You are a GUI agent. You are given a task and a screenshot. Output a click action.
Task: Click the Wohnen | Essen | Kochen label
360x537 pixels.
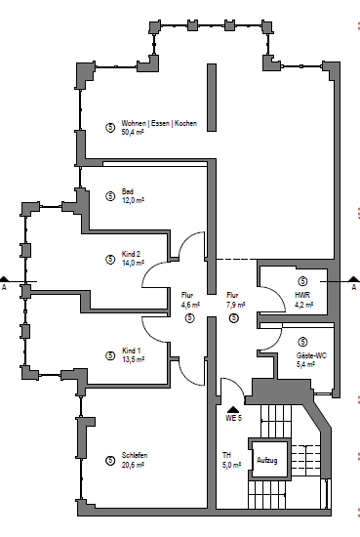tap(159, 123)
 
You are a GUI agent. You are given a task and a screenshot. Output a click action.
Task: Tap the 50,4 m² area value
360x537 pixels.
tap(133, 132)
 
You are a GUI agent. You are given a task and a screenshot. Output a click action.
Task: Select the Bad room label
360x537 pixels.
tap(127, 191)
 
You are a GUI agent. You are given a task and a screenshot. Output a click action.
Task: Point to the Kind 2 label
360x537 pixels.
tap(131, 254)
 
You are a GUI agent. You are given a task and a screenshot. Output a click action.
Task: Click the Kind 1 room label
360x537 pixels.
tap(131, 351)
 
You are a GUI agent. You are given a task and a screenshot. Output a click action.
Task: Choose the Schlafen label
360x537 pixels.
tap(135, 455)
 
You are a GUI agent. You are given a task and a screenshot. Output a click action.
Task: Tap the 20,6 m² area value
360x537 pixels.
tap(133, 465)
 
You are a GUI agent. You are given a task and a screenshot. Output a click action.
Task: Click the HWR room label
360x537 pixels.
tap(302, 295)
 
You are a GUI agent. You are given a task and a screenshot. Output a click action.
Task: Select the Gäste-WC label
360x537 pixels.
tap(311, 355)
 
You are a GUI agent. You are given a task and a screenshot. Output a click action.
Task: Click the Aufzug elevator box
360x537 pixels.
tap(269, 460)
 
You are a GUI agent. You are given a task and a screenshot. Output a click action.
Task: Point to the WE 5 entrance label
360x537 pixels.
tap(233, 418)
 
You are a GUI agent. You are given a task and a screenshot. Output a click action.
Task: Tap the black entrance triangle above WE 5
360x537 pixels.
tap(233, 409)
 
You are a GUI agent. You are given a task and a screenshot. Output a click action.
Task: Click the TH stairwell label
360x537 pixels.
tap(226, 455)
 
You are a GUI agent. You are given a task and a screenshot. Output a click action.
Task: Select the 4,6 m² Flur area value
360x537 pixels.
tap(190, 305)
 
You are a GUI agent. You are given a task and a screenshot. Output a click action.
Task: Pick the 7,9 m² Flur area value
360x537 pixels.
tap(236, 305)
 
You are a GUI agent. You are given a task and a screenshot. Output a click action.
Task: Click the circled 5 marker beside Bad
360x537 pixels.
tap(110, 196)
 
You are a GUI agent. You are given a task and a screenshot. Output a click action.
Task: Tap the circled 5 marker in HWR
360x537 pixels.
tap(302, 281)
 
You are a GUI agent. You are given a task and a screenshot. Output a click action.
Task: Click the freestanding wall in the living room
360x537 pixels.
tap(212, 98)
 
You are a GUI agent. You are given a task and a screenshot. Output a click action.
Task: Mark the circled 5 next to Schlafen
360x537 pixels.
tap(110, 461)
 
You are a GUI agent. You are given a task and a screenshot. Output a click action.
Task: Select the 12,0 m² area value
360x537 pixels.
tap(133, 200)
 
